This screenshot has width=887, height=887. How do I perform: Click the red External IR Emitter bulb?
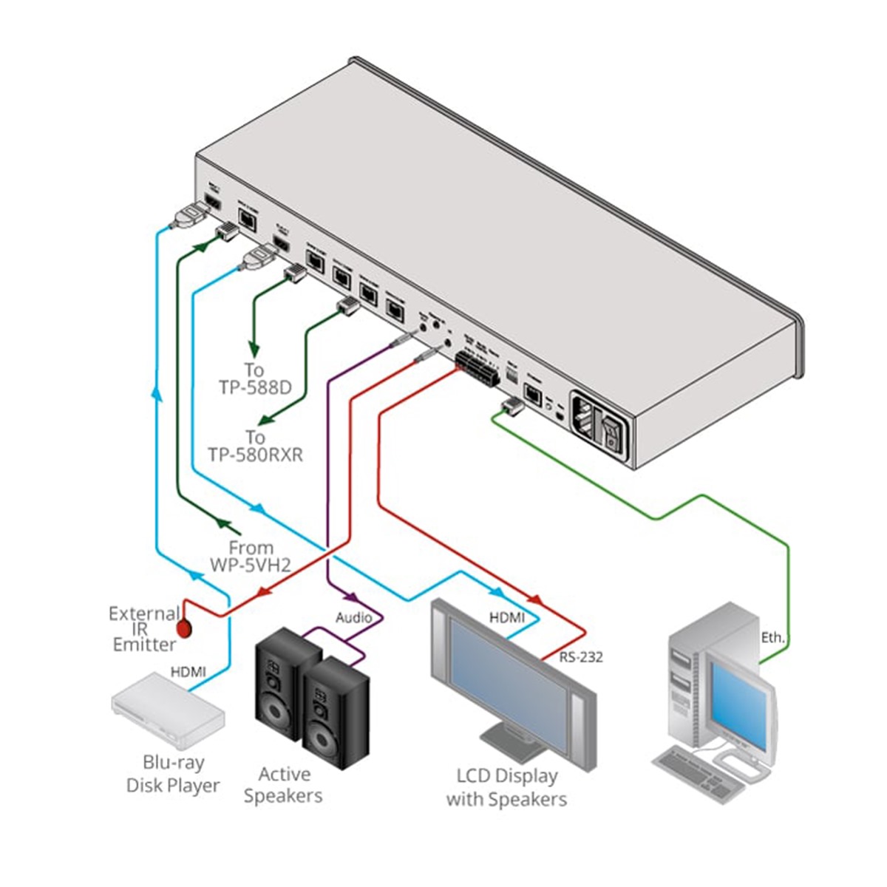point(183,628)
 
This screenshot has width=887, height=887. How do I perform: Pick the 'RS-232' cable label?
point(580,656)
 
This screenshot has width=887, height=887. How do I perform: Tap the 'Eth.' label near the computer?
point(774,637)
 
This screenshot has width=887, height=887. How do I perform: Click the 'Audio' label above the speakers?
point(354,617)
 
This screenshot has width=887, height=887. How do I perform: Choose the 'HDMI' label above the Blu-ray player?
point(188,672)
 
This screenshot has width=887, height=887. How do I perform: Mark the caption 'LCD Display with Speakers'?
point(507,787)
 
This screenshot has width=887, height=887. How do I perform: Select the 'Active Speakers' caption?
point(284,785)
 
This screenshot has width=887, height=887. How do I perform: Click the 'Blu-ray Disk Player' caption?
point(173,773)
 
